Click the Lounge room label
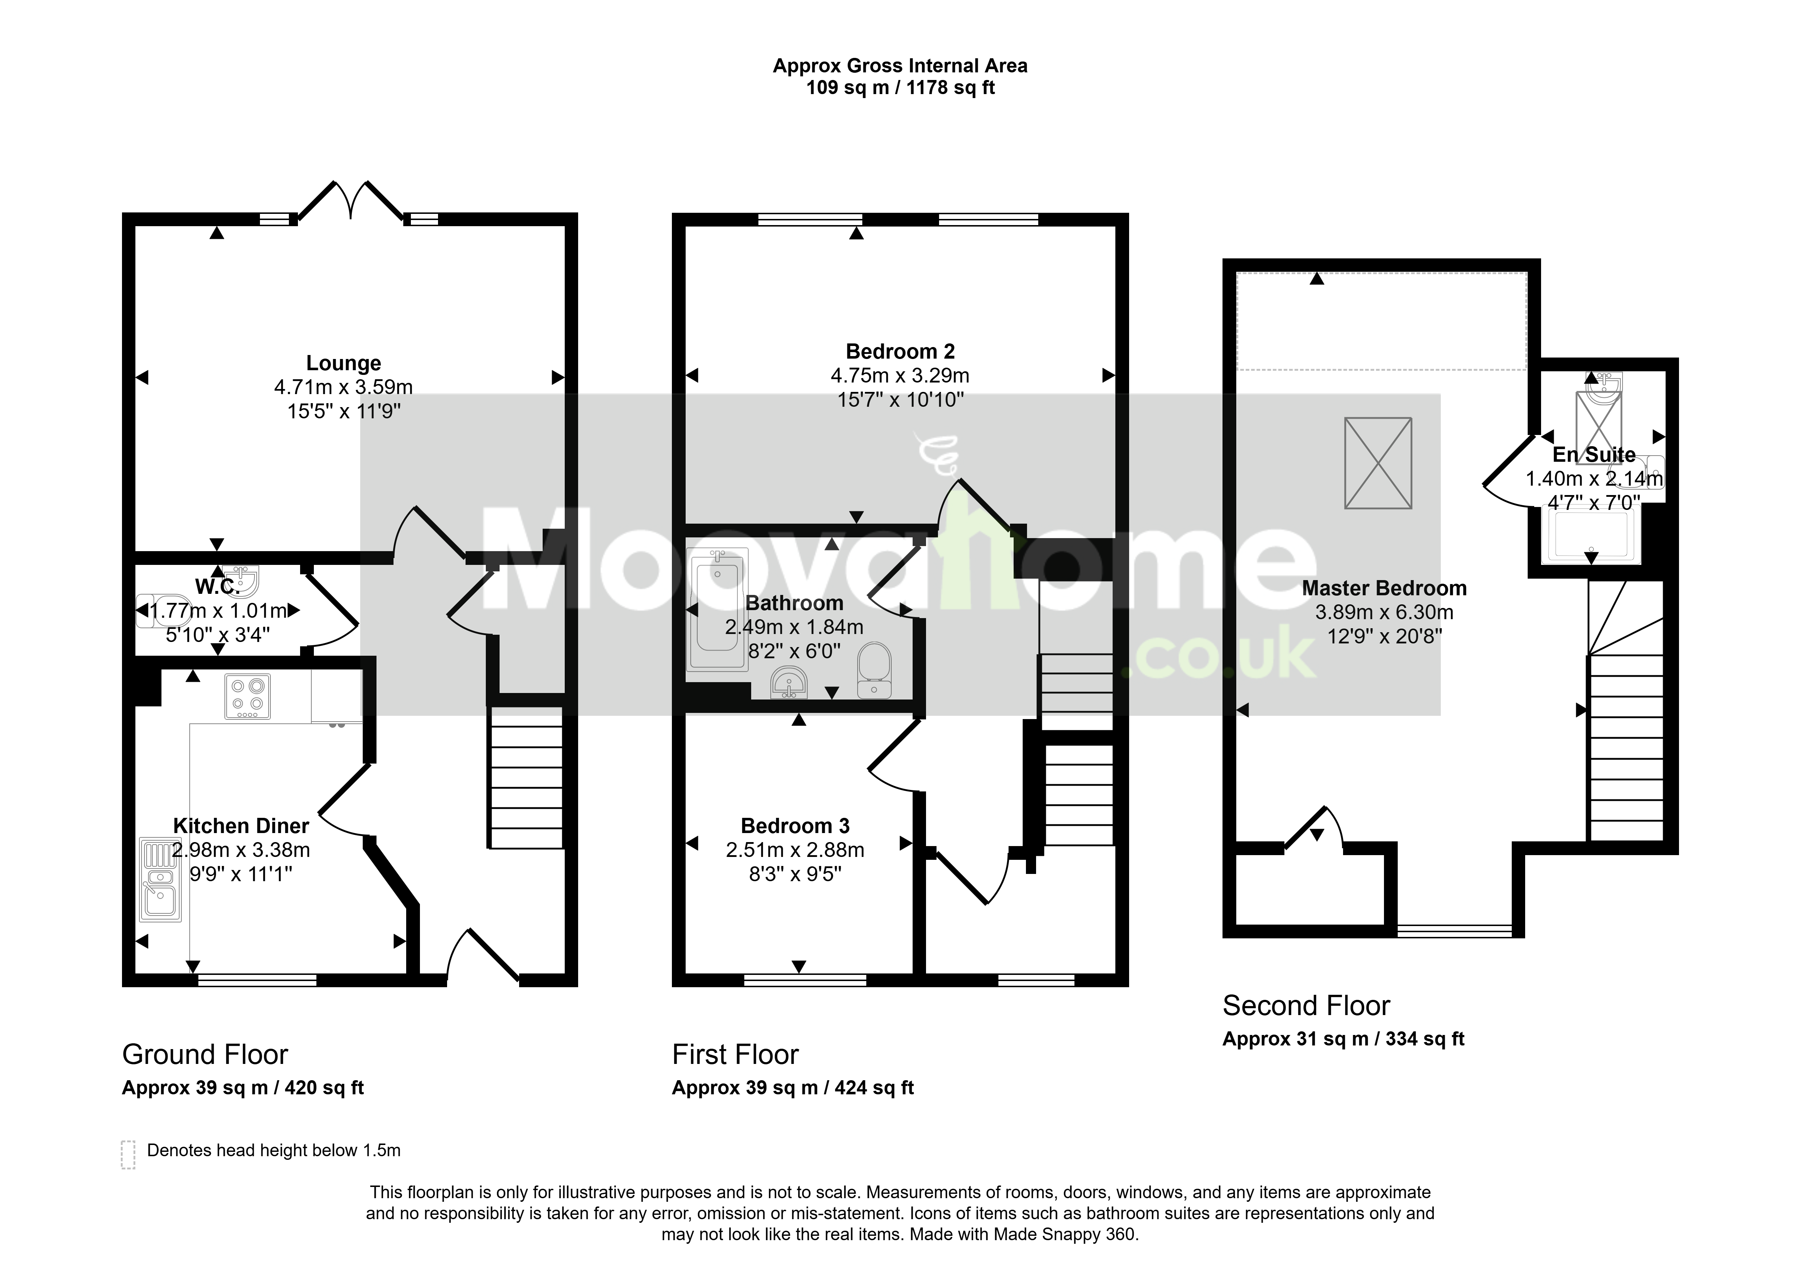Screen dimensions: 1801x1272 (x=344, y=363)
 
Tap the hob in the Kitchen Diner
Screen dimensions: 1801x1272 (x=248, y=696)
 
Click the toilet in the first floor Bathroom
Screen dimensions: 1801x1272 (x=874, y=671)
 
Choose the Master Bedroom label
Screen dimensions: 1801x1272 (x=1384, y=588)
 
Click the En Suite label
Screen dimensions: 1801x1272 (x=1594, y=455)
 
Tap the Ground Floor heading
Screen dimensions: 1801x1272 (x=205, y=1055)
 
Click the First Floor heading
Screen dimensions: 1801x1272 (x=735, y=1055)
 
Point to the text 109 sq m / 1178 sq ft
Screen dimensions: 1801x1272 (x=901, y=88)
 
